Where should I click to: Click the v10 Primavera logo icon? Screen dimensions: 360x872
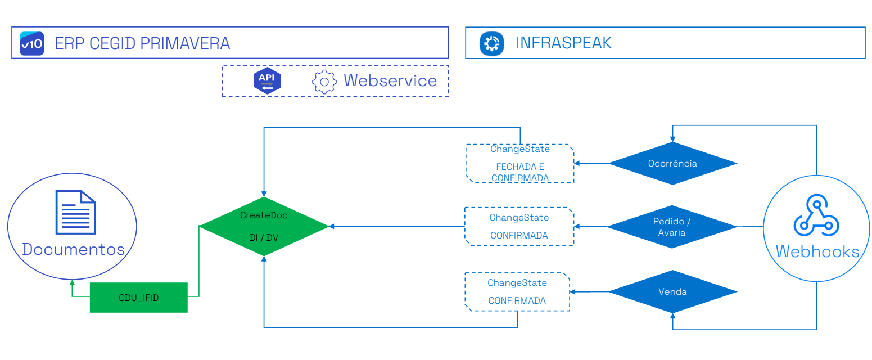31,43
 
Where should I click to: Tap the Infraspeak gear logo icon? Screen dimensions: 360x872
492,43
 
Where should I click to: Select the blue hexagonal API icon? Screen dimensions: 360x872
267,81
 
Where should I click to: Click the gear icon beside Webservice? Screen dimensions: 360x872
324,82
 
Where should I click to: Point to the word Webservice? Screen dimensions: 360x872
390,81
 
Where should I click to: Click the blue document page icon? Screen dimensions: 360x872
75,212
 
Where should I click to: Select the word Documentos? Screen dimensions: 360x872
73,249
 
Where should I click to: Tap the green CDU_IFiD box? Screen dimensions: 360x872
138,298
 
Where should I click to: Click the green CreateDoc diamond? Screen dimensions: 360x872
264,226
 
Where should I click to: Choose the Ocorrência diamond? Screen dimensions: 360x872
672,164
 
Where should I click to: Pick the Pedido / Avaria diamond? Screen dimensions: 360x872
672,227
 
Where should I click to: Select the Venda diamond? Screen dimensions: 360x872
672,292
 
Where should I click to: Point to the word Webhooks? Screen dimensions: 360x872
817,251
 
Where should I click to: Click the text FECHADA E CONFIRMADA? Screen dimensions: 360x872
520,173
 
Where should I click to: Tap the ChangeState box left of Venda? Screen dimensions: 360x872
517,292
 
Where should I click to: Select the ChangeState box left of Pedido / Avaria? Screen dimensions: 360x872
519,226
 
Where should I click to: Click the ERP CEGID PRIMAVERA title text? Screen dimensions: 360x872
142,43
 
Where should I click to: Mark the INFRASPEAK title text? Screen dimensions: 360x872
564,43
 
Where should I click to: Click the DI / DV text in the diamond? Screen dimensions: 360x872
264,238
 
